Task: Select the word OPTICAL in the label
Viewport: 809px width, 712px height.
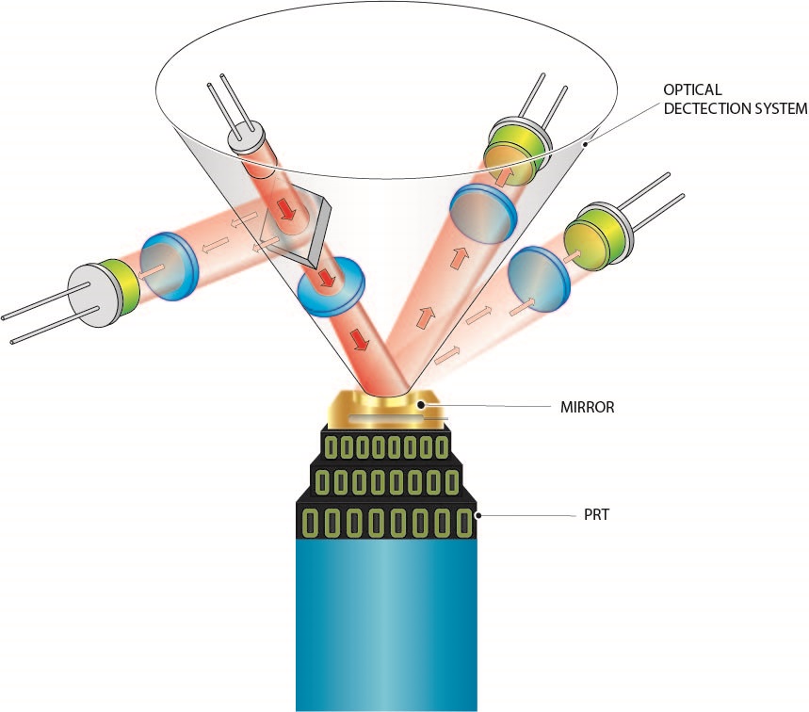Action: (692, 89)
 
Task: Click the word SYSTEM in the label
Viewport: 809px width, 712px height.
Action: (775, 108)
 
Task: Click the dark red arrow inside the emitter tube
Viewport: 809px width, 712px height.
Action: (284, 205)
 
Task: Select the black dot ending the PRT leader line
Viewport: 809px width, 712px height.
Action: (479, 516)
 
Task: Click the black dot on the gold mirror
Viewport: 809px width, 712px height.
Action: (423, 408)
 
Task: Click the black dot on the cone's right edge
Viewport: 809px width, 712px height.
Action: (586, 143)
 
